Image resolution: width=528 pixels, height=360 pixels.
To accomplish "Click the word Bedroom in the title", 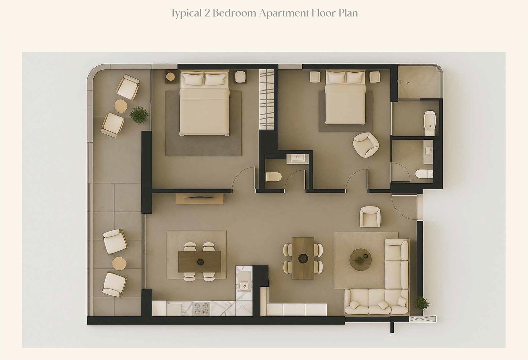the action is (234, 13).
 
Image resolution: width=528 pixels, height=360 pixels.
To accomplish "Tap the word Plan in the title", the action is (348, 13).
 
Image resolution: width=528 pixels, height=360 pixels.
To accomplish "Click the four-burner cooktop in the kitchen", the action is (201, 308).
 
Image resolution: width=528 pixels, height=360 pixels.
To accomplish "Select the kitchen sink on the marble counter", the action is (245, 286).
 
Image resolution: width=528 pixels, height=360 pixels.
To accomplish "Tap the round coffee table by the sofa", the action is (360, 260).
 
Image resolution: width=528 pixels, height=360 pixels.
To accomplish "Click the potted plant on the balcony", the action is (139, 115).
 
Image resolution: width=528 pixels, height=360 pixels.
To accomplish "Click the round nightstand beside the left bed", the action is (170, 76).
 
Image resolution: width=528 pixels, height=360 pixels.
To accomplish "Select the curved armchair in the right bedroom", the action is (366, 145).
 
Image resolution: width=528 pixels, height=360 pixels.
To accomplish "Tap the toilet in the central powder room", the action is (274, 177).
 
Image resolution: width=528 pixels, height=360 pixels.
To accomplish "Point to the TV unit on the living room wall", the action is (199, 198).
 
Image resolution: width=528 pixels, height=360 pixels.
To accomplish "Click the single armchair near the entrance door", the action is (370, 217).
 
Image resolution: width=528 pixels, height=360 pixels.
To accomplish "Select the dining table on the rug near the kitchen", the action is (199, 262).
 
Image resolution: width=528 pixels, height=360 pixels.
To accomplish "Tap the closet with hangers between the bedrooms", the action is (267, 99).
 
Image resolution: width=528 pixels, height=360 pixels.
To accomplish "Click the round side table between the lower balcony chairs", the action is (119, 264).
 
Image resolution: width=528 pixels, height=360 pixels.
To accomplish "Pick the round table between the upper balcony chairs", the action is (121, 106).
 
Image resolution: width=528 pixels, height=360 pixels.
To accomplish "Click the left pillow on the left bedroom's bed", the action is (193, 79).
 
